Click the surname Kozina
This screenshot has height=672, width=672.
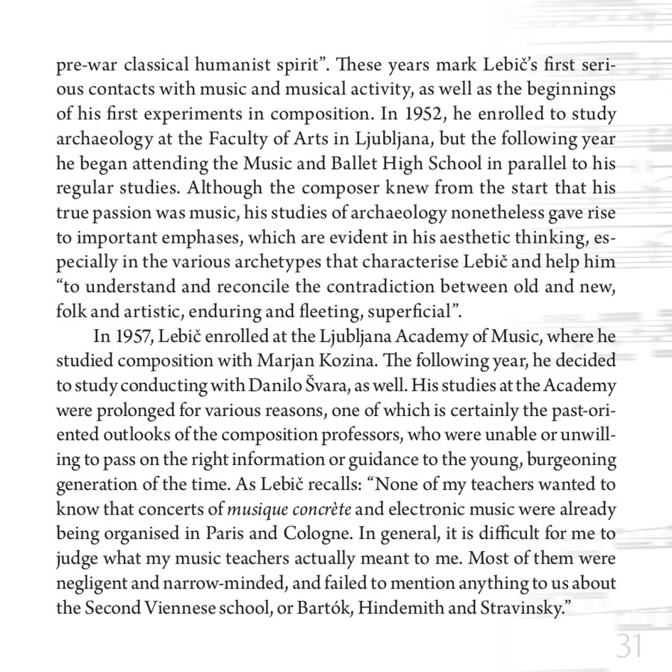350,361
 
